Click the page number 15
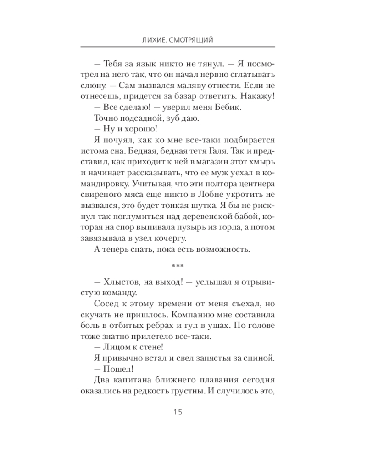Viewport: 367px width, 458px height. [178, 412]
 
